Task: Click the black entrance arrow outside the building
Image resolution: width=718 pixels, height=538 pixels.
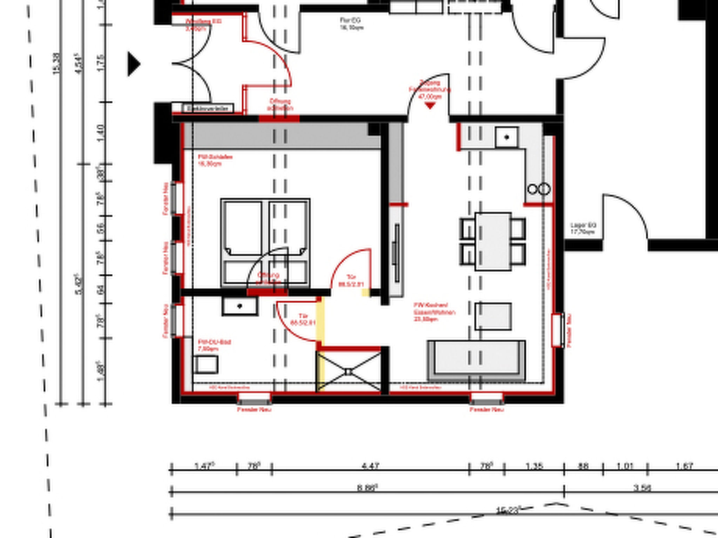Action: (x=134, y=64)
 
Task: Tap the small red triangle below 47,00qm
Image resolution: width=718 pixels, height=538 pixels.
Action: (x=430, y=105)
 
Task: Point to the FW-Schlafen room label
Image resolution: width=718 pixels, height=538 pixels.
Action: (x=215, y=160)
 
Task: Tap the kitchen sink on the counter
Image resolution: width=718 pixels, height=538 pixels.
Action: (x=507, y=137)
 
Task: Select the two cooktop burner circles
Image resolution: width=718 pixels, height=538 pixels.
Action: (x=538, y=189)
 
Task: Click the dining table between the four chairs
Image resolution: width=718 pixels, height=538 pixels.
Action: (x=493, y=241)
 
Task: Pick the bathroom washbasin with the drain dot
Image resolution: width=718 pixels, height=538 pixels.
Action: (x=240, y=306)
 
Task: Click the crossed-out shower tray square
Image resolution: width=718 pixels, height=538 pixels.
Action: (x=348, y=372)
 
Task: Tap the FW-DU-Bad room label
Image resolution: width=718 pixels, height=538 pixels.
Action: (x=214, y=345)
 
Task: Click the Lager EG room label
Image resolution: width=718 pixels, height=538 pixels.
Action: (x=583, y=228)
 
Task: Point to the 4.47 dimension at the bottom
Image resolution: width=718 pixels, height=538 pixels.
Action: (x=370, y=466)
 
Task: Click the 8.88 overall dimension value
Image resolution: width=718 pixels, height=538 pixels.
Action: (x=367, y=488)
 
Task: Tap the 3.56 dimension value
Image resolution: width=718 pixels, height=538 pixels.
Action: (x=642, y=488)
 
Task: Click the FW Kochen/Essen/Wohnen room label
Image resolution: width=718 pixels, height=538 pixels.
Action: (x=434, y=312)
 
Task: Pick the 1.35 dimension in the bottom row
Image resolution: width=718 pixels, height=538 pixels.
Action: (x=534, y=466)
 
